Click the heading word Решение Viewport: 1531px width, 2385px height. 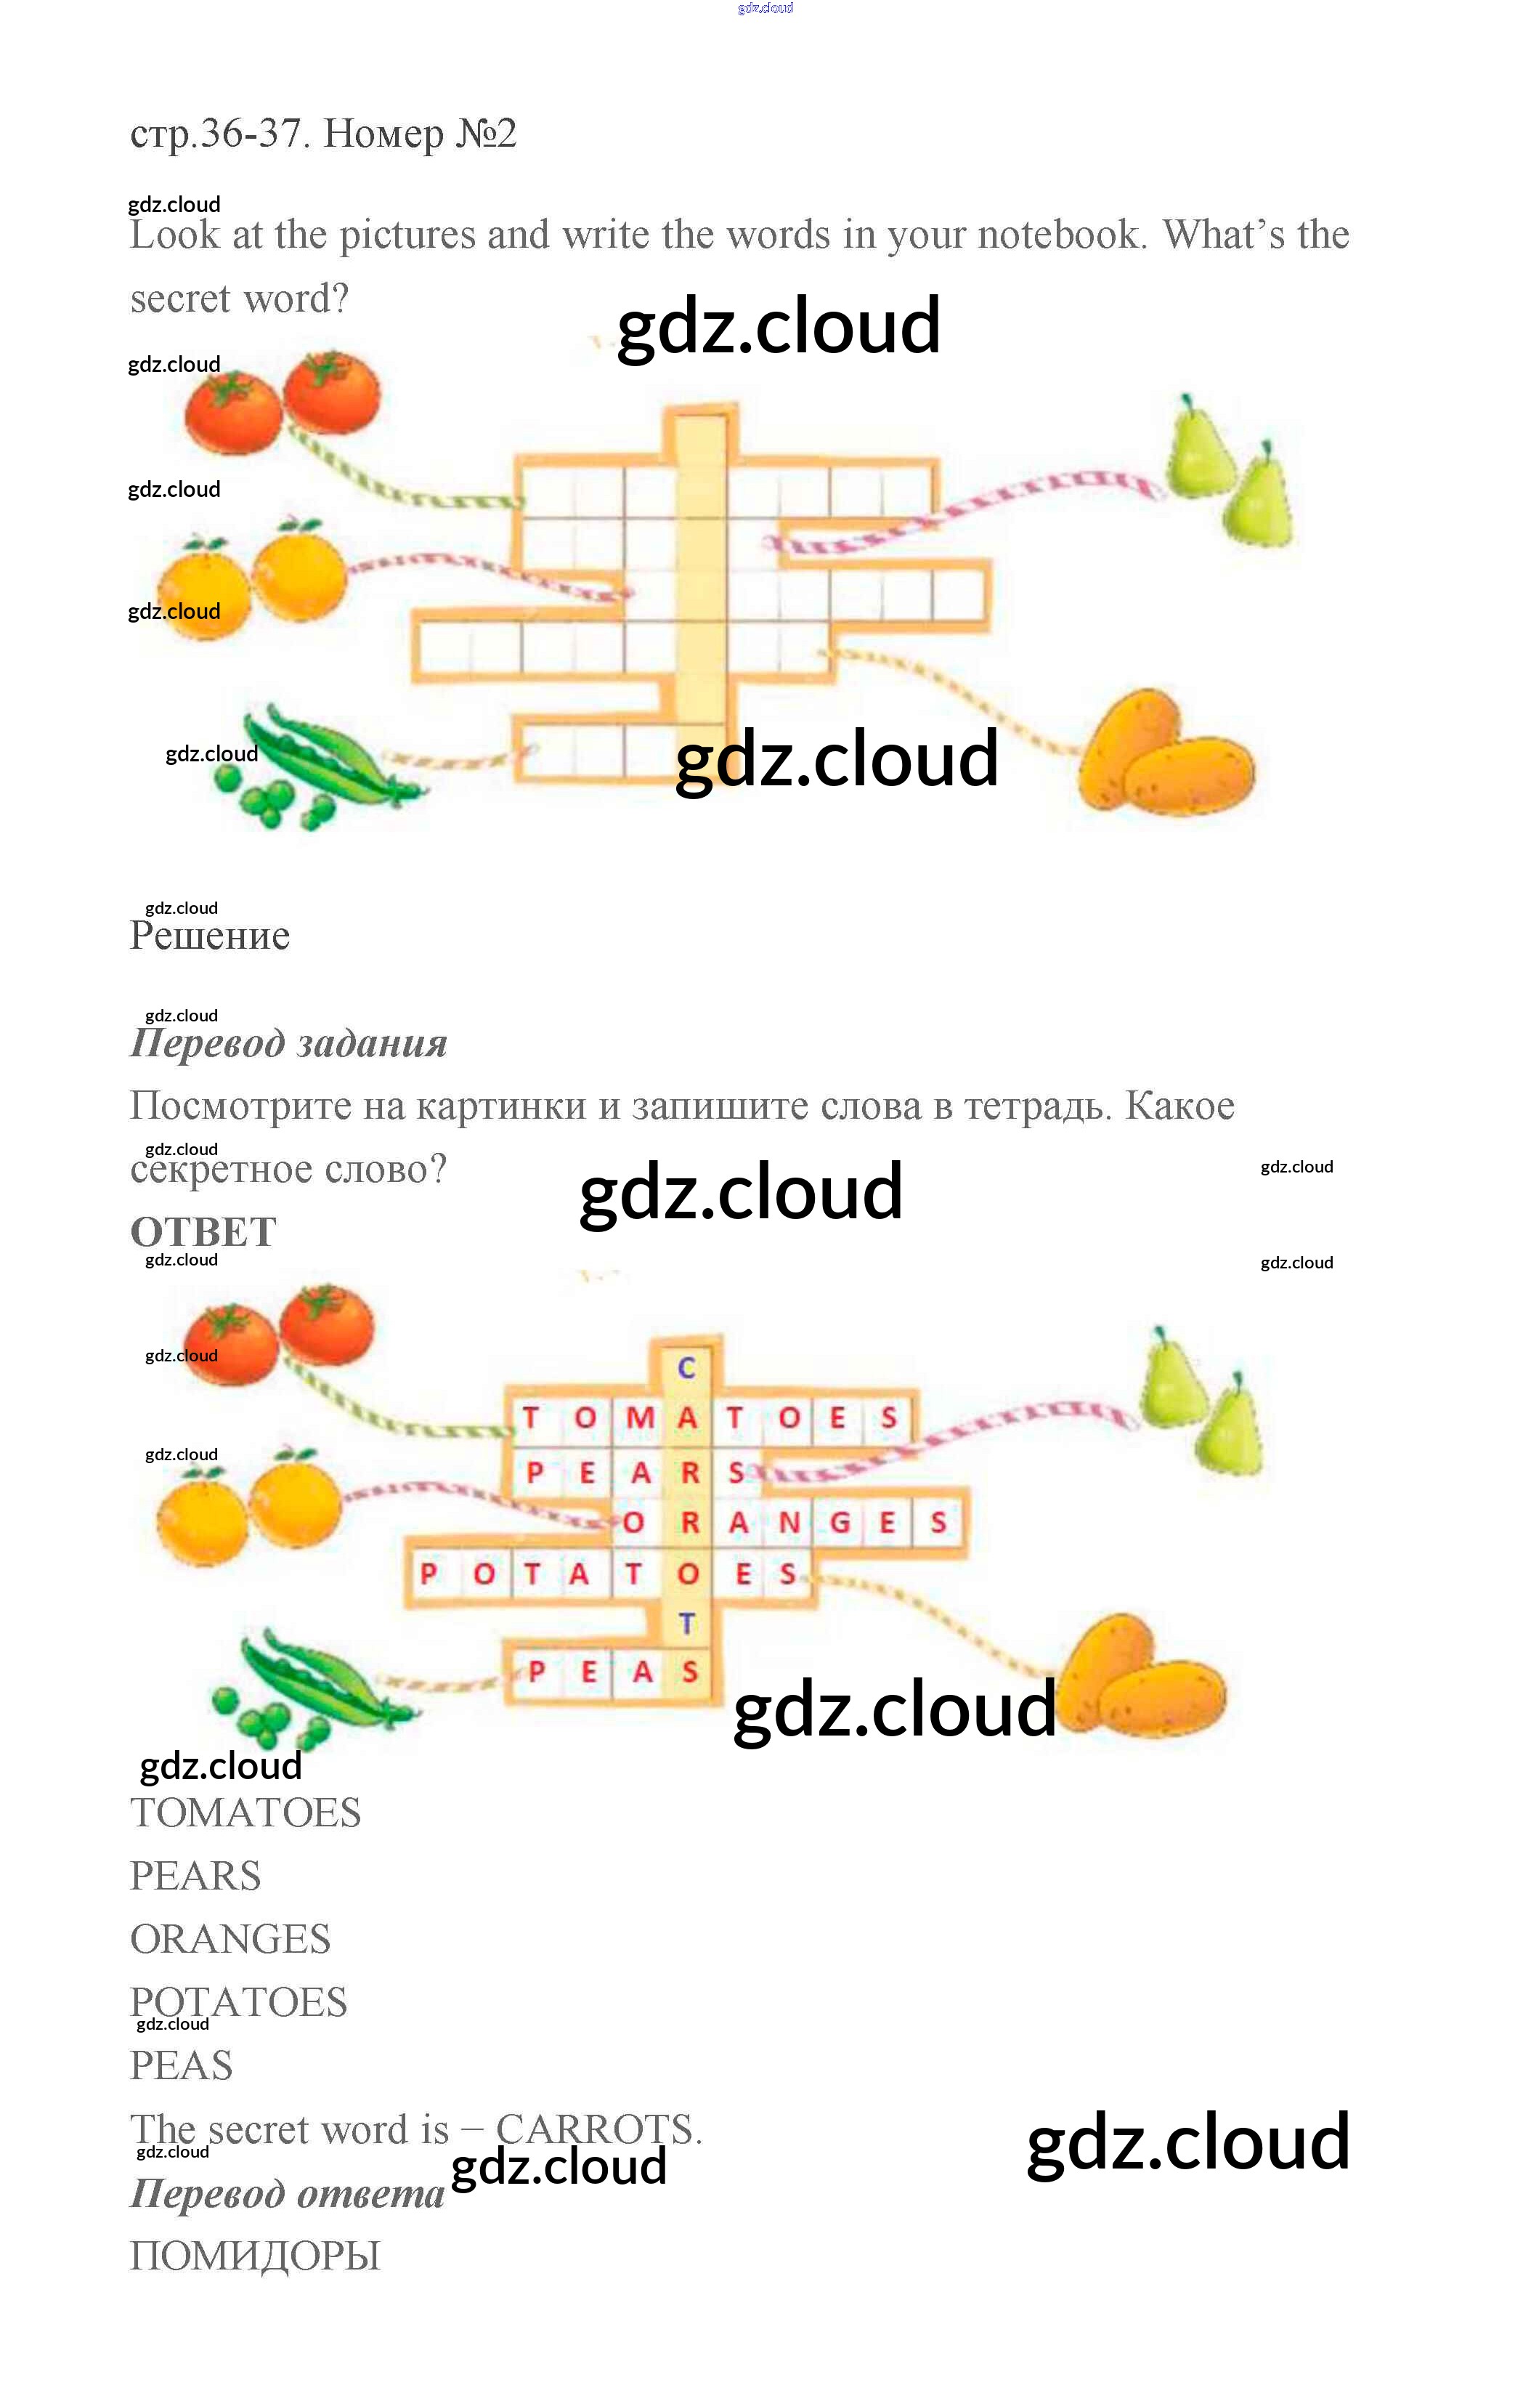(210, 936)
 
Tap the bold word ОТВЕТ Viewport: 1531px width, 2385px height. (204, 1233)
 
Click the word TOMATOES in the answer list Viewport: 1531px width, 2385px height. (245, 1813)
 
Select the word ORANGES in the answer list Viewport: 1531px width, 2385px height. (231, 1939)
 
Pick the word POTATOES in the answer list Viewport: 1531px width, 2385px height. (239, 2002)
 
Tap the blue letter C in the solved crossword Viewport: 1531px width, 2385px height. (686, 1368)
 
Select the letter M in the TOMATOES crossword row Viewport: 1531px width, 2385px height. (639, 1417)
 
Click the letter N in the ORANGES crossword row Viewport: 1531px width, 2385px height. (790, 1522)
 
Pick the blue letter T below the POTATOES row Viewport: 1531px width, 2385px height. (686, 1624)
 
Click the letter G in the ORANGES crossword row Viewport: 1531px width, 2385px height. (840, 1522)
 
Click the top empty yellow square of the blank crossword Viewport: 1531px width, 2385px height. (700, 442)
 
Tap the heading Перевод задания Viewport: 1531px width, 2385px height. (288, 1044)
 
